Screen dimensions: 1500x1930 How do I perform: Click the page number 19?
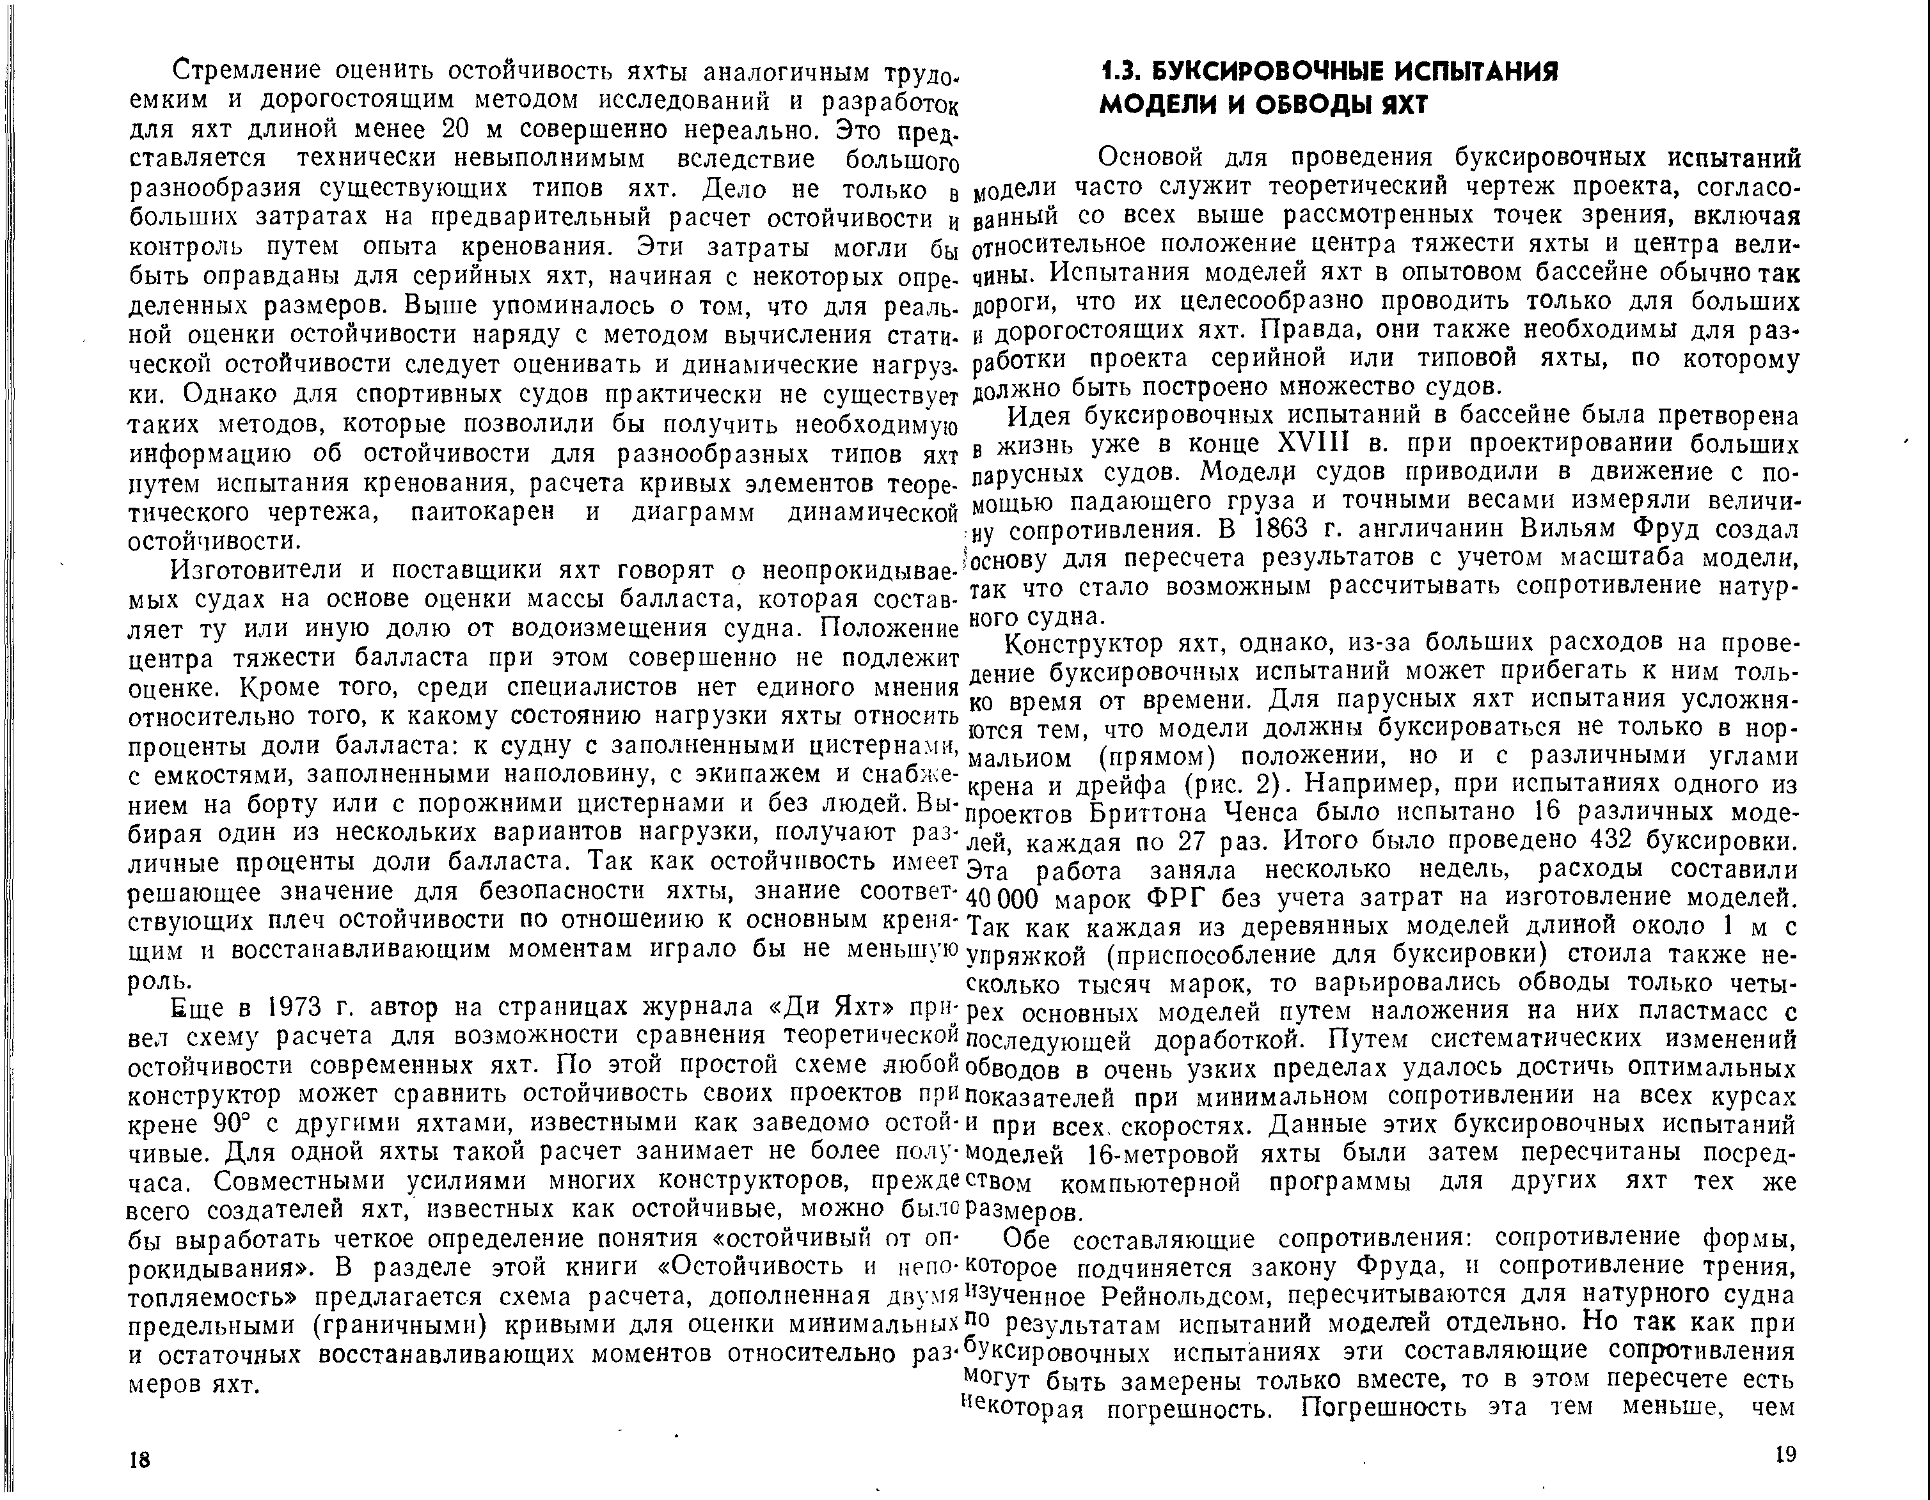[x=1785, y=1454]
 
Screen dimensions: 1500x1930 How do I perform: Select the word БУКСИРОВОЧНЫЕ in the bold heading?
[x=1274, y=72]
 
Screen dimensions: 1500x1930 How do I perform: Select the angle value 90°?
[x=235, y=1123]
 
